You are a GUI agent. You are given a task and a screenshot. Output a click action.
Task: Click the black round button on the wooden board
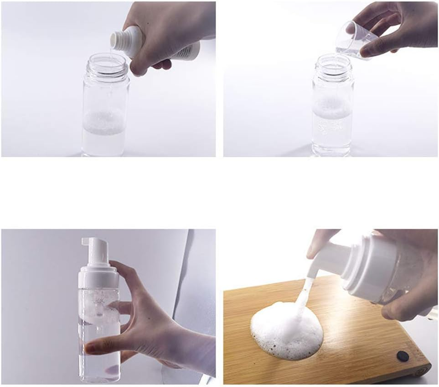pos(401,355)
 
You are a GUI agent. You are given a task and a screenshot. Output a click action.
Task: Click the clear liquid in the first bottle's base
pos(105,144)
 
